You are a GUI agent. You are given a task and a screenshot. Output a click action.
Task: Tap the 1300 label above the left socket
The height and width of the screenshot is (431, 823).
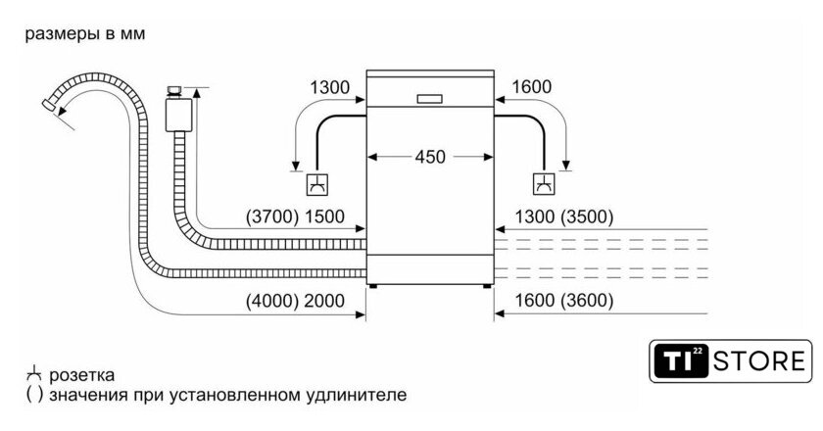point(330,88)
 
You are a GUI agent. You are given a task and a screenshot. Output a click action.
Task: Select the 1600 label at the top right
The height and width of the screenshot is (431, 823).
point(531,88)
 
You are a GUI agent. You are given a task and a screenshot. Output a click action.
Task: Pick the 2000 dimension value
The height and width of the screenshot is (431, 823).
point(326,302)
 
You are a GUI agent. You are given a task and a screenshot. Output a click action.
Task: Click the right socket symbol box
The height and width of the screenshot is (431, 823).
point(543,183)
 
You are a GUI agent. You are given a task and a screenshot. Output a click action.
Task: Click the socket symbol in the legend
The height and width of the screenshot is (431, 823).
point(33,374)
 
